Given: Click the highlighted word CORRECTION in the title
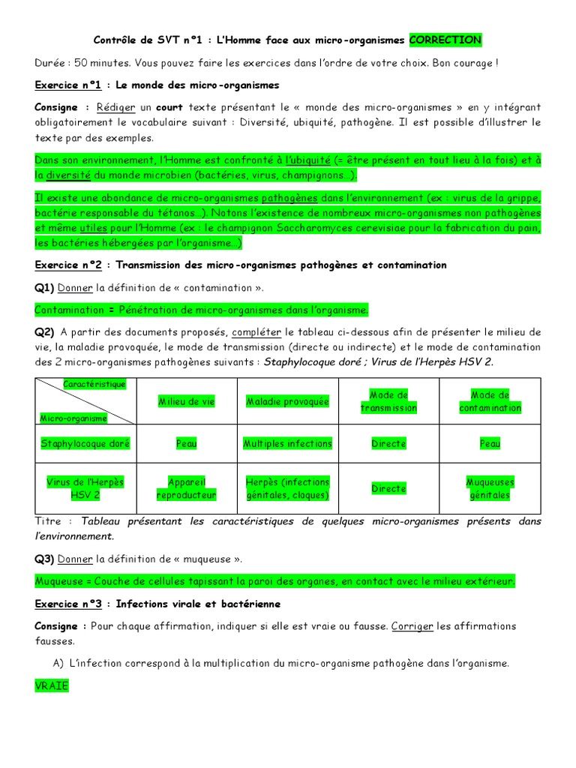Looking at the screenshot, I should (445, 39).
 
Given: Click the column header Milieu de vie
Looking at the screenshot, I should (186, 402).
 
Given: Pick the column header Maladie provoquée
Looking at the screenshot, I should (288, 402).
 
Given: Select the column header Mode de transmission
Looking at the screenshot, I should (388, 401).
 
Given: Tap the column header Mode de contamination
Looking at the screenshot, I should (490, 401).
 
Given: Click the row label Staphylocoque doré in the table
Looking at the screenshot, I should (85, 444).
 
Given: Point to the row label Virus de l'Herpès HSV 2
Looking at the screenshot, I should (85, 488).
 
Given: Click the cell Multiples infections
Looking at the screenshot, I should (288, 444).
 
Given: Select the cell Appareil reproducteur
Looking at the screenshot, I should (186, 488).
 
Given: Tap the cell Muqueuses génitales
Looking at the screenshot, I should (490, 488).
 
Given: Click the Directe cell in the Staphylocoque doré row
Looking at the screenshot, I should (388, 444).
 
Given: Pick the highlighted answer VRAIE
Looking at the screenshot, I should (52, 685).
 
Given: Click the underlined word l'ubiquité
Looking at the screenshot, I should (307, 160).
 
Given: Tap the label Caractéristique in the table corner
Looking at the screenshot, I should (94, 384).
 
